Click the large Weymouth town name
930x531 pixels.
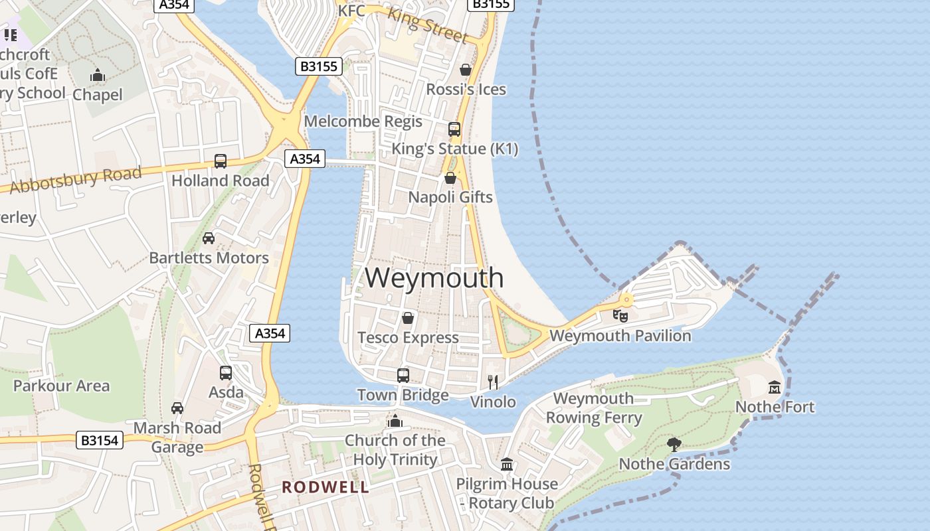tap(434, 277)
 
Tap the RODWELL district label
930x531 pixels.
tap(325, 487)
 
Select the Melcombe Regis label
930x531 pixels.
tap(363, 121)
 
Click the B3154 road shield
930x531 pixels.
tap(100, 440)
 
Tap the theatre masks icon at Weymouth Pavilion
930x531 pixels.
tap(620, 315)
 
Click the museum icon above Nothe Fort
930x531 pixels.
tap(775, 387)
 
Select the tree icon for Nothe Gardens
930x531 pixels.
tap(674, 444)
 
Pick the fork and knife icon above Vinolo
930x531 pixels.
tap(493, 382)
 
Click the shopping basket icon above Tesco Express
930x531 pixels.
tap(408, 318)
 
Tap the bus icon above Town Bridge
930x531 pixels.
tap(403, 376)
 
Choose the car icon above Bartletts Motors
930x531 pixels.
tap(209, 238)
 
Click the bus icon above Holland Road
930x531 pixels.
tap(221, 161)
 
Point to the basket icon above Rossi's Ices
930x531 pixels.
tap(466, 70)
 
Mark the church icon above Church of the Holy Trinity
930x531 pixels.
tap(395, 421)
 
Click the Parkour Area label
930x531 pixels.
tap(61, 386)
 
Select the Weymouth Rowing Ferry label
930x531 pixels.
tap(594, 408)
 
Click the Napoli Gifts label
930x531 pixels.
tap(450, 197)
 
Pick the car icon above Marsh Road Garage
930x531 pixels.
tap(177, 408)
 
